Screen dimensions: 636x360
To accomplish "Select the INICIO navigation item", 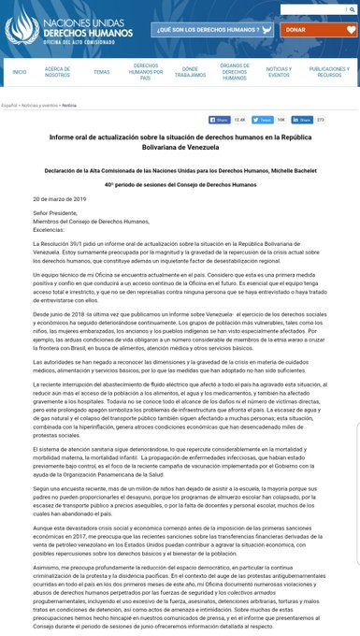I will pos(20,71).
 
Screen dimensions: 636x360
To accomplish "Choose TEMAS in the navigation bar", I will pos(101,71).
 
